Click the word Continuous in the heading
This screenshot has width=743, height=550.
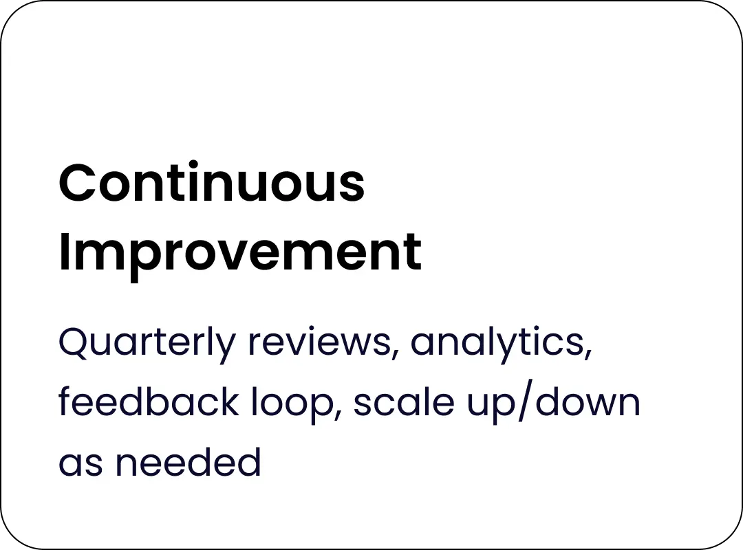(x=212, y=182)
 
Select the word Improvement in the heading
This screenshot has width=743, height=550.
(x=240, y=254)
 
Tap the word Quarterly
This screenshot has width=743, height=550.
(x=147, y=343)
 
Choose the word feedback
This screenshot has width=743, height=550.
(x=149, y=401)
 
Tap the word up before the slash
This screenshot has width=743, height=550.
(x=491, y=406)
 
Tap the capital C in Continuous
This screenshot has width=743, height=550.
(x=77, y=183)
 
